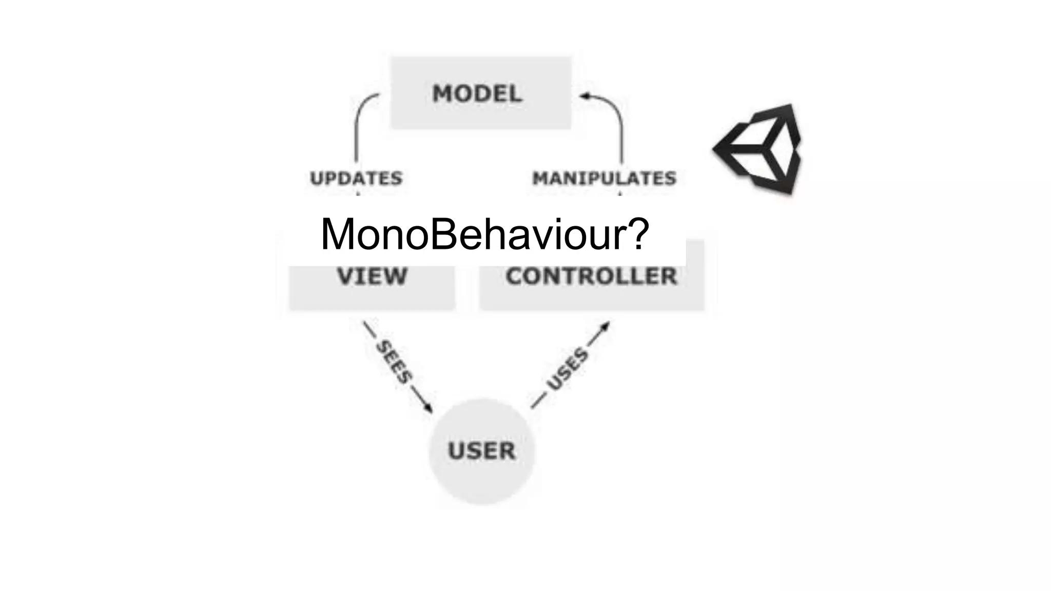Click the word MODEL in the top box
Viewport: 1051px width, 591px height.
(477, 94)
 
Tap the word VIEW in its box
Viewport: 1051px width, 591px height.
(372, 277)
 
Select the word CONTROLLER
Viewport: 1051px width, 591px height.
(591, 277)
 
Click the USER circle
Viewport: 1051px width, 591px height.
(481, 451)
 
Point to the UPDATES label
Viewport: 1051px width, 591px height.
(356, 179)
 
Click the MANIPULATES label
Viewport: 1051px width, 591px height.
(604, 179)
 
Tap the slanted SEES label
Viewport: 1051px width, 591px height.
(394, 362)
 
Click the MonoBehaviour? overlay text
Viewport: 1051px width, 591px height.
(484, 234)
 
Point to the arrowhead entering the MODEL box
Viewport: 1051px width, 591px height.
(585, 95)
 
